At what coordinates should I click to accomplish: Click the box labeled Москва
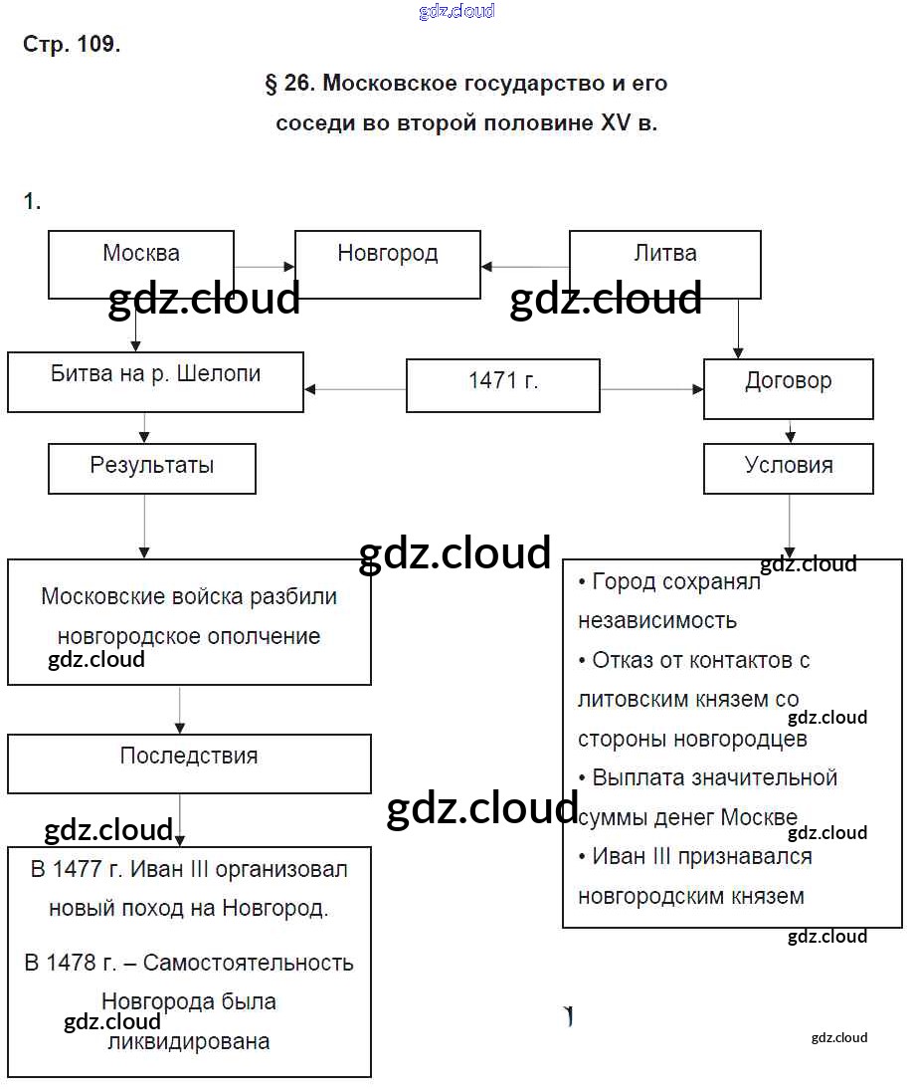coord(141,264)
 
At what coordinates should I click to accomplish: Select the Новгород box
coord(387,264)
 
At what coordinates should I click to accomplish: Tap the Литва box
coord(664,264)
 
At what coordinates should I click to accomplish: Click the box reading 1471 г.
coord(503,384)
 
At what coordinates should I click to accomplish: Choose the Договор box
coord(788,388)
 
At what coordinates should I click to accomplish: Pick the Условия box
coord(788,469)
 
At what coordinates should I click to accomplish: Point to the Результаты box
coord(151,469)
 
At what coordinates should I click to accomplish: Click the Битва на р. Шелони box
coord(155,381)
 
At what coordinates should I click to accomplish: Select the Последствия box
coord(189,763)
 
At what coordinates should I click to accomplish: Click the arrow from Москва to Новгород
coord(265,267)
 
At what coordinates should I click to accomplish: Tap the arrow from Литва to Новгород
coord(524,267)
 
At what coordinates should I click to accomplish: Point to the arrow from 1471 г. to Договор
coord(651,389)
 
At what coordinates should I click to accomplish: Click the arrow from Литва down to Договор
coord(737,328)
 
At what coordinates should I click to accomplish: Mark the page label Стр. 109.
coord(72,45)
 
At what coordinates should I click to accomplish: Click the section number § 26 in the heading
coord(289,84)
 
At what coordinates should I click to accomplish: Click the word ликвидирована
coord(188,1042)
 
